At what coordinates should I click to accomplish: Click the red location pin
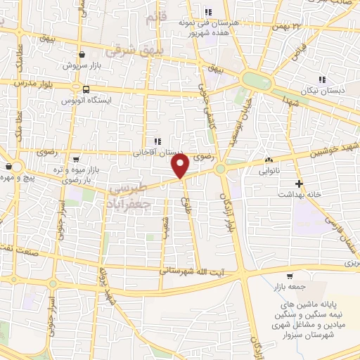click(180, 167)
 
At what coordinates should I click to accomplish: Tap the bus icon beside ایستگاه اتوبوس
click(85, 90)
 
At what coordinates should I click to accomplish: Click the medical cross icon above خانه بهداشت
click(300, 184)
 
